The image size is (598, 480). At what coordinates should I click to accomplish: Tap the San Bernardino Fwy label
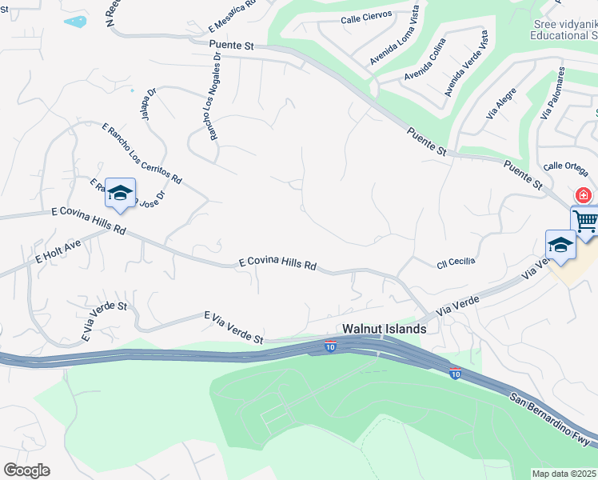coord(552,418)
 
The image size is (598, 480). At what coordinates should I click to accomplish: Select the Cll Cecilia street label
coord(456,262)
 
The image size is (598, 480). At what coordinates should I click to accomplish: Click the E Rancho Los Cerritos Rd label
coord(142,152)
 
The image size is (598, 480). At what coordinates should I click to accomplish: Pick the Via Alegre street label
coord(501,103)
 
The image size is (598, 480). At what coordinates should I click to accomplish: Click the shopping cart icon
coord(586,219)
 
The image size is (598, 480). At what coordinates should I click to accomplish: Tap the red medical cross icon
coord(584,195)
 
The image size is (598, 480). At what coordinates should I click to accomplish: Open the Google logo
coord(26,470)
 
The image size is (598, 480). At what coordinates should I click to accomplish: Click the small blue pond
coord(75,21)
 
